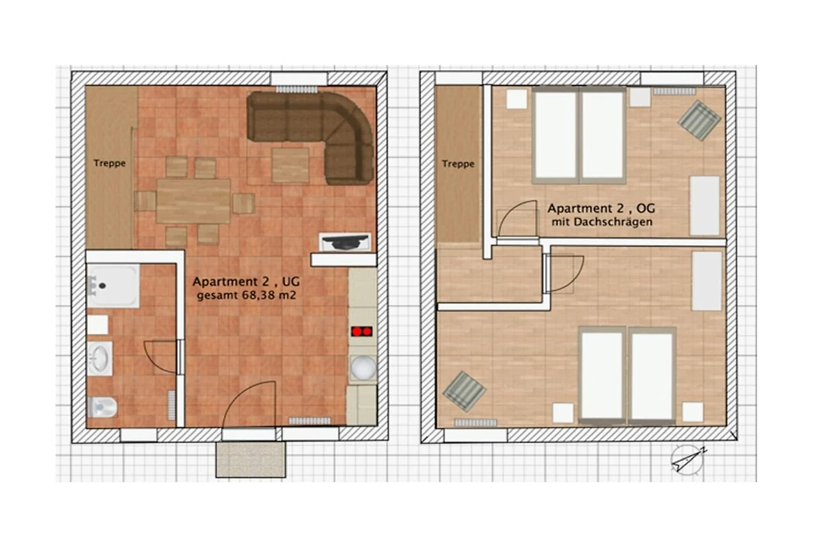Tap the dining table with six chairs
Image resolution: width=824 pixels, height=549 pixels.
pos(194,201)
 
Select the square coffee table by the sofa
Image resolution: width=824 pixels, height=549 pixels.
pos(290,165)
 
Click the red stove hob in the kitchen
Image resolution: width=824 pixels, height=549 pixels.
pos(362,331)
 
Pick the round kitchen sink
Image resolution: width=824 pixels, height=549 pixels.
pos(363,367)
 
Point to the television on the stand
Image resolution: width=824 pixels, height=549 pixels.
pos(345,242)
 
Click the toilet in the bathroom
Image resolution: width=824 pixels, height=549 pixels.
pos(102,408)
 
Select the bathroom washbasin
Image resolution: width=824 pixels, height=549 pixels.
pos(100,358)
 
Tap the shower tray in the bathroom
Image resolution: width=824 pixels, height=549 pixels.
pos(113,285)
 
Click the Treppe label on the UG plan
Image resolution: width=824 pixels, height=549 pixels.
pos(110,163)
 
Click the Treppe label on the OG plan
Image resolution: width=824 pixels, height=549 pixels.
pos(458,164)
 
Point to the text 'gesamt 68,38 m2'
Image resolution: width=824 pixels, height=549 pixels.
pos(247,295)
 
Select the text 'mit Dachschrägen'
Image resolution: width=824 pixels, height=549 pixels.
pos(602,222)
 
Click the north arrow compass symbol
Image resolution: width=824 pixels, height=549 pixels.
pos(687,460)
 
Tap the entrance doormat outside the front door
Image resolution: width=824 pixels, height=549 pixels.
pos(251,460)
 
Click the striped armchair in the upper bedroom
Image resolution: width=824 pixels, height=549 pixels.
pos(699,120)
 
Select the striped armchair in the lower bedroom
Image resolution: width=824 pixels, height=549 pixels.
pos(464,392)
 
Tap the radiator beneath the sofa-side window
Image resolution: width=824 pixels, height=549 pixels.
pos(297,89)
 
